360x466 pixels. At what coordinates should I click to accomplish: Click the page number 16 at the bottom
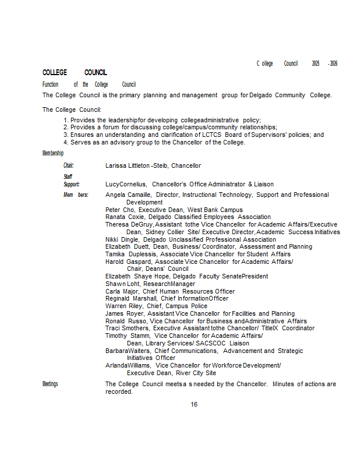(194, 404)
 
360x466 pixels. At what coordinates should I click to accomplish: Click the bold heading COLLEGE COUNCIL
(75, 73)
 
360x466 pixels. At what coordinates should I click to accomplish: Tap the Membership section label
(53, 153)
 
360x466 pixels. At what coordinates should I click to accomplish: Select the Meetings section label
(50, 384)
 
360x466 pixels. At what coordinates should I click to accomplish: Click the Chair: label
(69, 165)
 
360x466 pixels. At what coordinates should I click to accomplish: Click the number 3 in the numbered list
(66, 135)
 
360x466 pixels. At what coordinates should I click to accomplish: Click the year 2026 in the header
(333, 63)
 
